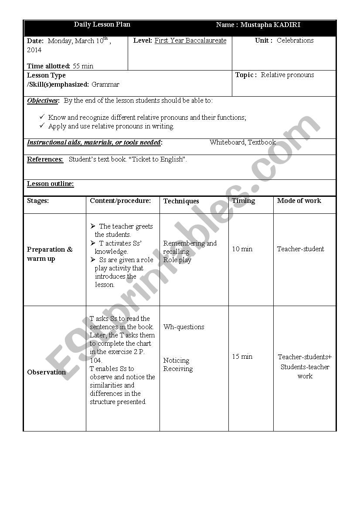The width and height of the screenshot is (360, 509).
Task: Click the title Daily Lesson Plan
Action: point(102,24)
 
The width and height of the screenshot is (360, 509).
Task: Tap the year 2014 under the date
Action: point(34,50)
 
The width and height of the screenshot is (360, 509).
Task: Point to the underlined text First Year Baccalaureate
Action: point(190,40)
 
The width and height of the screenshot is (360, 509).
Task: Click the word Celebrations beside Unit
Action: point(295,40)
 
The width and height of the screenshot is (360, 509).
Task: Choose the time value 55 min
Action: point(83,66)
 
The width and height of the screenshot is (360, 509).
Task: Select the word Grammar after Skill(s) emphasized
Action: point(105,84)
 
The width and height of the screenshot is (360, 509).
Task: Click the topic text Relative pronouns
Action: point(287,75)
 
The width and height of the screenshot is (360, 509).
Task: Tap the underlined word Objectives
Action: point(42,101)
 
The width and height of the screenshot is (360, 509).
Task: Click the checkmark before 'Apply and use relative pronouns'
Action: point(42,126)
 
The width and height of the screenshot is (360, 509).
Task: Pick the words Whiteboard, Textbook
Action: point(243,142)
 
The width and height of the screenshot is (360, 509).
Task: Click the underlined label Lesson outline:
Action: point(51,184)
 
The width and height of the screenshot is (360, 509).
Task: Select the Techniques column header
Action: point(181,201)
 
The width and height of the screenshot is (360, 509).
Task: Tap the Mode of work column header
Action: point(299,201)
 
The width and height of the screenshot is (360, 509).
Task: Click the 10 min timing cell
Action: point(242,249)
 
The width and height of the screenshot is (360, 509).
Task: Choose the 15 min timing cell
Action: point(242,357)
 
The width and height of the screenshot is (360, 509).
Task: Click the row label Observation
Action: point(46,372)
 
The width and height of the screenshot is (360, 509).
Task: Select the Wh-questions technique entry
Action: point(183,327)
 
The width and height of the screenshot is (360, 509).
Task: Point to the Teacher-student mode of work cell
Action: point(300,249)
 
